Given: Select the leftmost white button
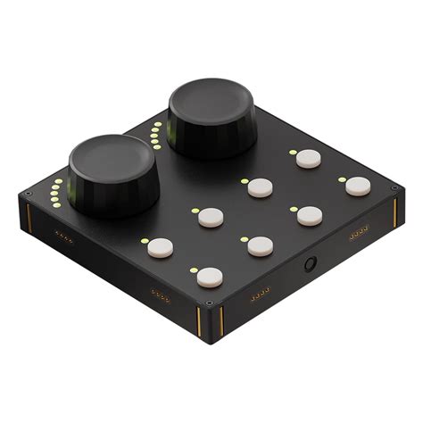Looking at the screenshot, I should [161, 247].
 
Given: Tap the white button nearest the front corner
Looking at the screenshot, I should [210, 277].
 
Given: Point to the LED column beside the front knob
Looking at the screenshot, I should [57, 190].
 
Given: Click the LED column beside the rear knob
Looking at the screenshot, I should [158, 135].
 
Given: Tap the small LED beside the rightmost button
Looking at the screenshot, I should [342, 180].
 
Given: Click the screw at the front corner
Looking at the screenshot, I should [210, 303].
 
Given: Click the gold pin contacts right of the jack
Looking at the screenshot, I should [359, 235].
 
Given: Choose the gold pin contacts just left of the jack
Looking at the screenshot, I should [261, 294].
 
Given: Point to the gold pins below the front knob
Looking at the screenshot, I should [64, 237].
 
